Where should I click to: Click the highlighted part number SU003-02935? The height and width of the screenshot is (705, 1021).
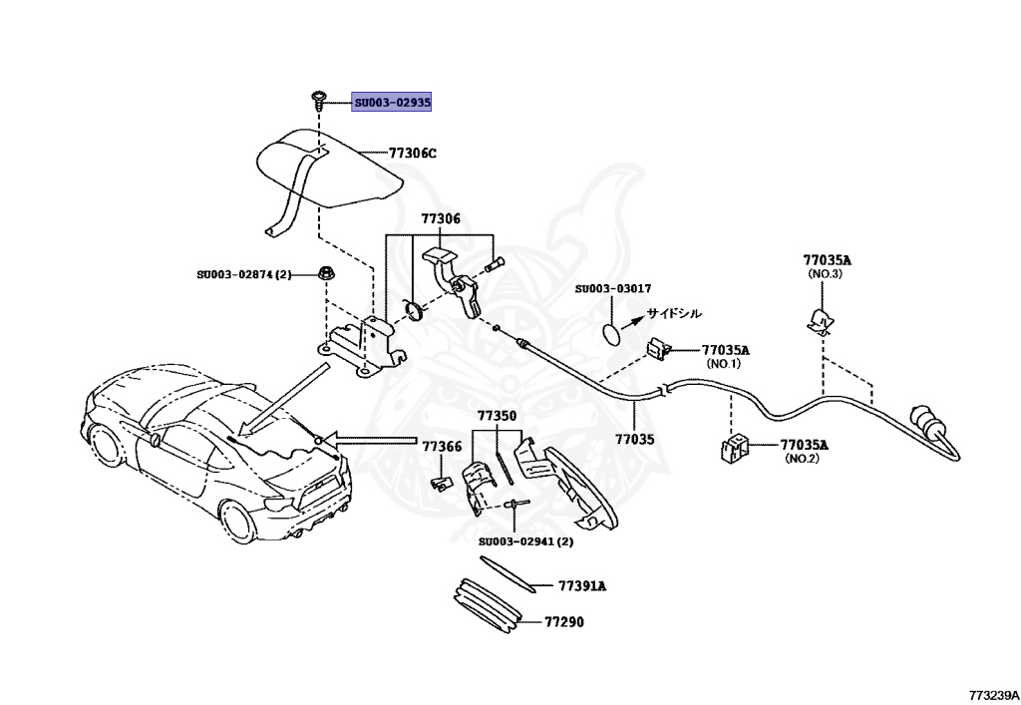coord(392,103)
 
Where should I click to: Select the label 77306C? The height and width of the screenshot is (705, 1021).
coord(413,154)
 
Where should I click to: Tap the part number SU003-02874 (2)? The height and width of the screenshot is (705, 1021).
coord(243,274)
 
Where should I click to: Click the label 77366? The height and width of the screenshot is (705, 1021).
coord(441,447)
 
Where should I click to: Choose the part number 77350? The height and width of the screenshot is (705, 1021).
coord(497,415)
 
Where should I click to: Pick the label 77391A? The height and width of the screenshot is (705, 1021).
coord(582,586)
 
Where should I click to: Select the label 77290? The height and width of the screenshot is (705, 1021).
coord(563,622)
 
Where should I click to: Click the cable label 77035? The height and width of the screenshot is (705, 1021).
coord(635,437)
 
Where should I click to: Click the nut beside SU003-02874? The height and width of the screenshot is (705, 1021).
coord(326,273)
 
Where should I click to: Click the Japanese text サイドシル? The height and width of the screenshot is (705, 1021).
coord(674,312)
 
